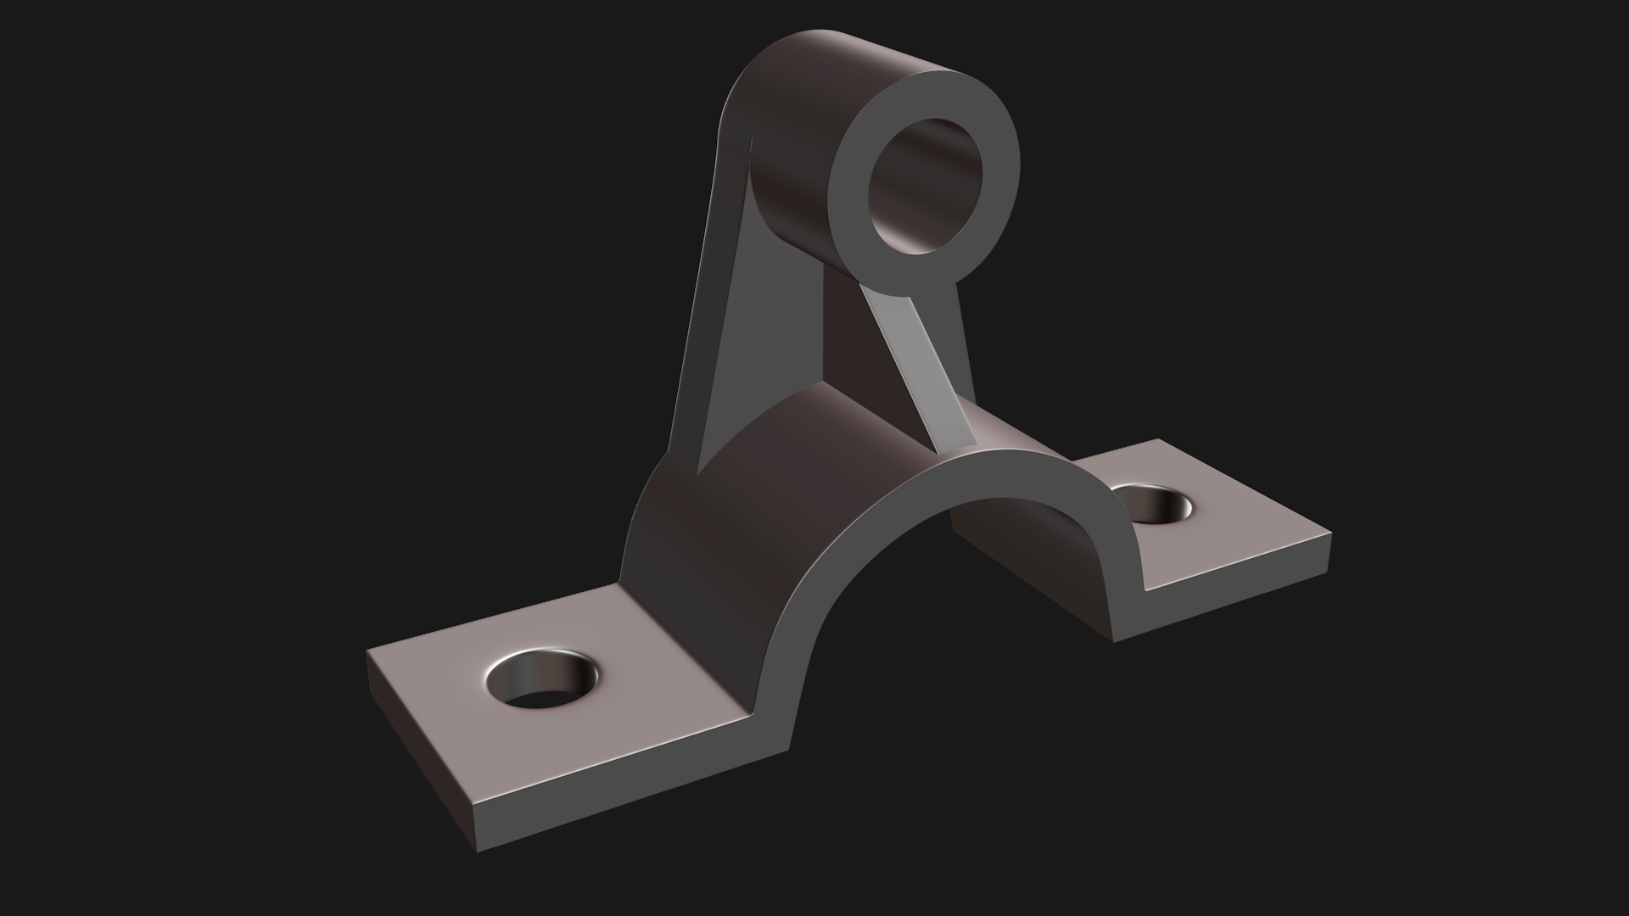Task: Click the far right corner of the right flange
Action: (x=1329, y=534)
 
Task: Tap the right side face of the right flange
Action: (x=1222, y=602)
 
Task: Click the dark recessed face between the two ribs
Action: (x=857, y=339)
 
